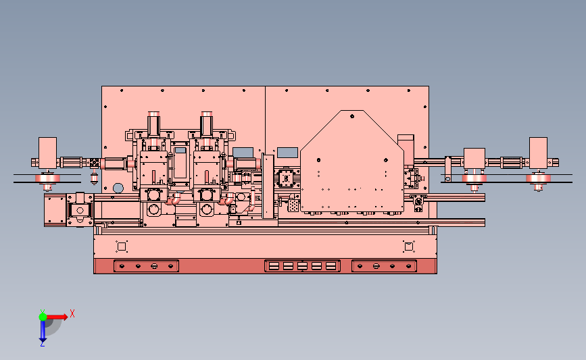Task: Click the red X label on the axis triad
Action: (x=72, y=313)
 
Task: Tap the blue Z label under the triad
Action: (x=42, y=344)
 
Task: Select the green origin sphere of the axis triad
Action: (x=43, y=317)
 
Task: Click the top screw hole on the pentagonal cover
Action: (x=352, y=116)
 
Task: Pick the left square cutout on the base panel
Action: (x=122, y=247)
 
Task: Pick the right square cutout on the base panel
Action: (x=408, y=247)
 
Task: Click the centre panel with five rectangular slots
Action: (x=302, y=266)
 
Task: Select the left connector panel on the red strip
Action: (x=146, y=266)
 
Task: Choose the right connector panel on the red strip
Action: (x=384, y=266)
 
